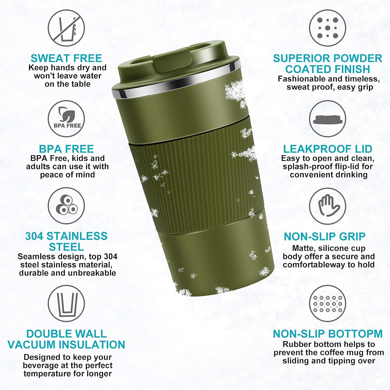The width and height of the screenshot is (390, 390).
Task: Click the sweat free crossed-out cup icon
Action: click(x=66, y=28)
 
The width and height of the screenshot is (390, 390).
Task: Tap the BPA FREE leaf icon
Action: click(x=66, y=119)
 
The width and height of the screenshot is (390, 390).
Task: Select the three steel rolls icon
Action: click(x=66, y=206)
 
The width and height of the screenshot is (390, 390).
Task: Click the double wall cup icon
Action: click(x=66, y=303)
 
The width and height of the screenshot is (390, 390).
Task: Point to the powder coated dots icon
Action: click(x=328, y=28)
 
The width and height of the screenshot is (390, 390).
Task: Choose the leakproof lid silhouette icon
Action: click(x=328, y=119)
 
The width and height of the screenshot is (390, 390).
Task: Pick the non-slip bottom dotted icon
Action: click(x=328, y=303)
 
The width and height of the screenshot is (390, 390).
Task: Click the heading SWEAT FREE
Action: click(x=66, y=58)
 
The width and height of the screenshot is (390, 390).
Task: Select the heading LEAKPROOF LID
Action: click(x=328, y=149)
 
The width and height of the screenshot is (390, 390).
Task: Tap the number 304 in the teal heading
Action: click(x=34, y=236)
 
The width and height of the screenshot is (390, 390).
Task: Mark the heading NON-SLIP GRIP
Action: click(x=324, y=237)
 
